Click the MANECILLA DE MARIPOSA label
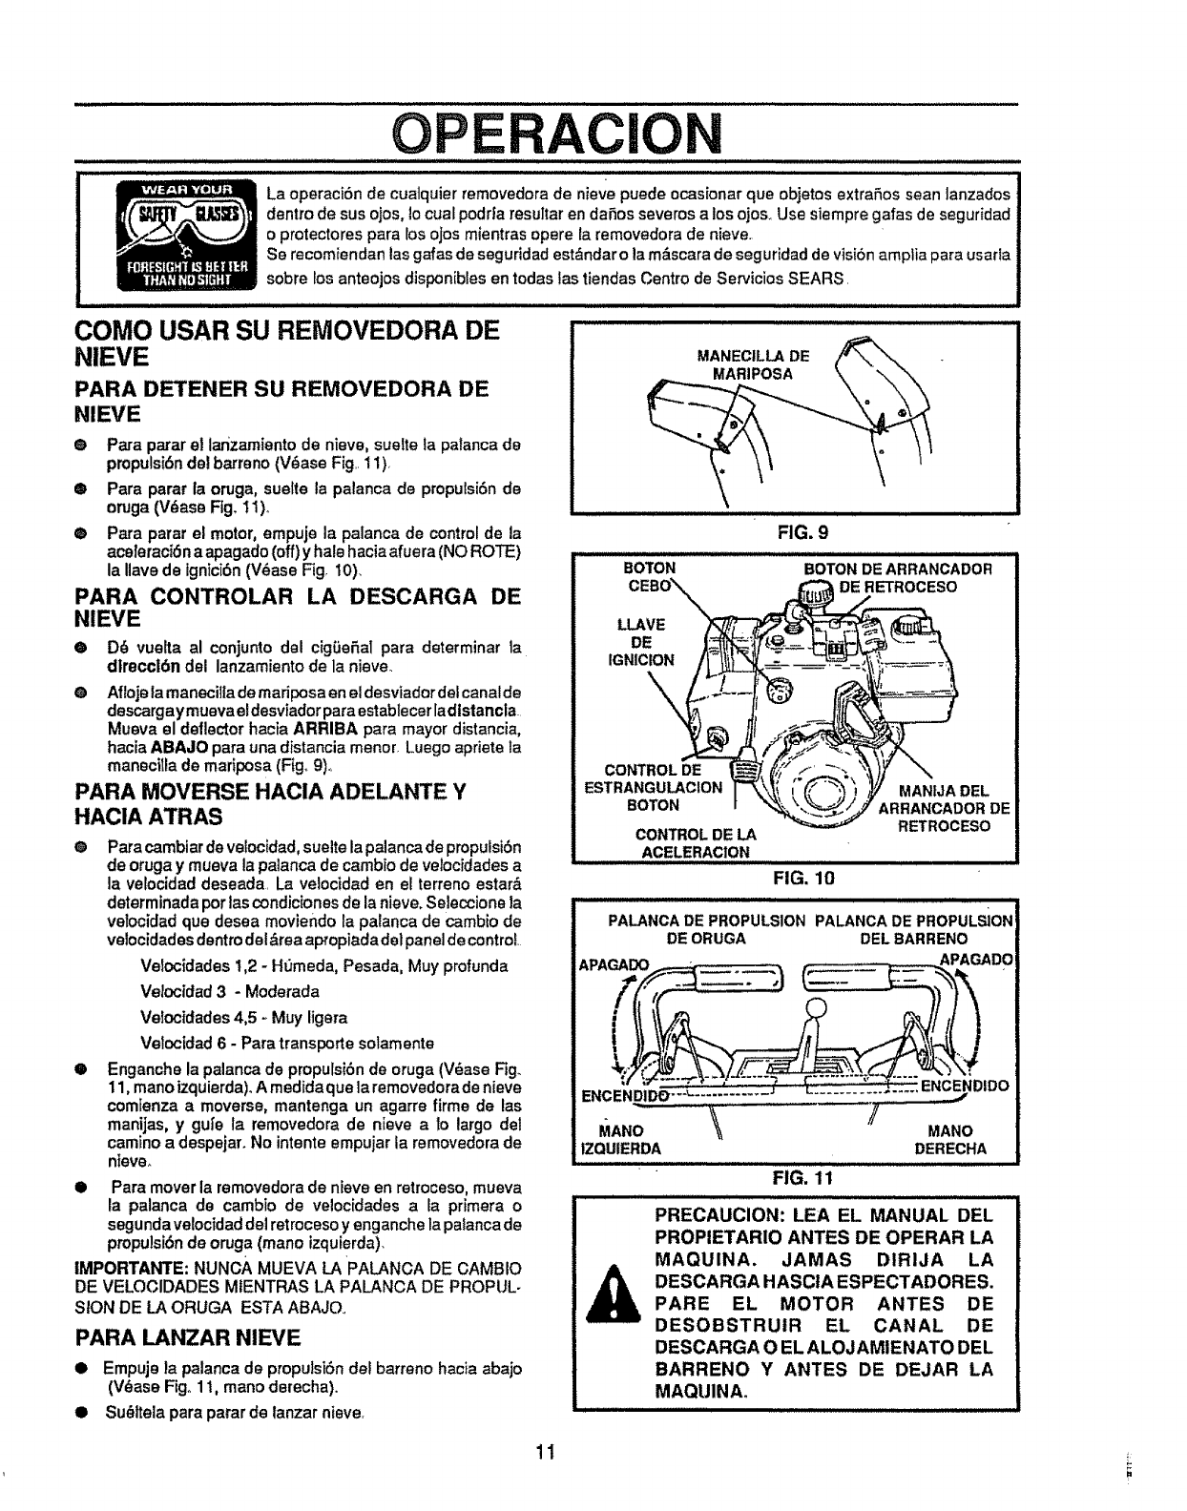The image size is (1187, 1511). (x=753, y=364)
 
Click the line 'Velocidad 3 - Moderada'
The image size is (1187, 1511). (x=229, y=991)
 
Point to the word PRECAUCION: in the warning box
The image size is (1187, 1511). (x=731, y=1216)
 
